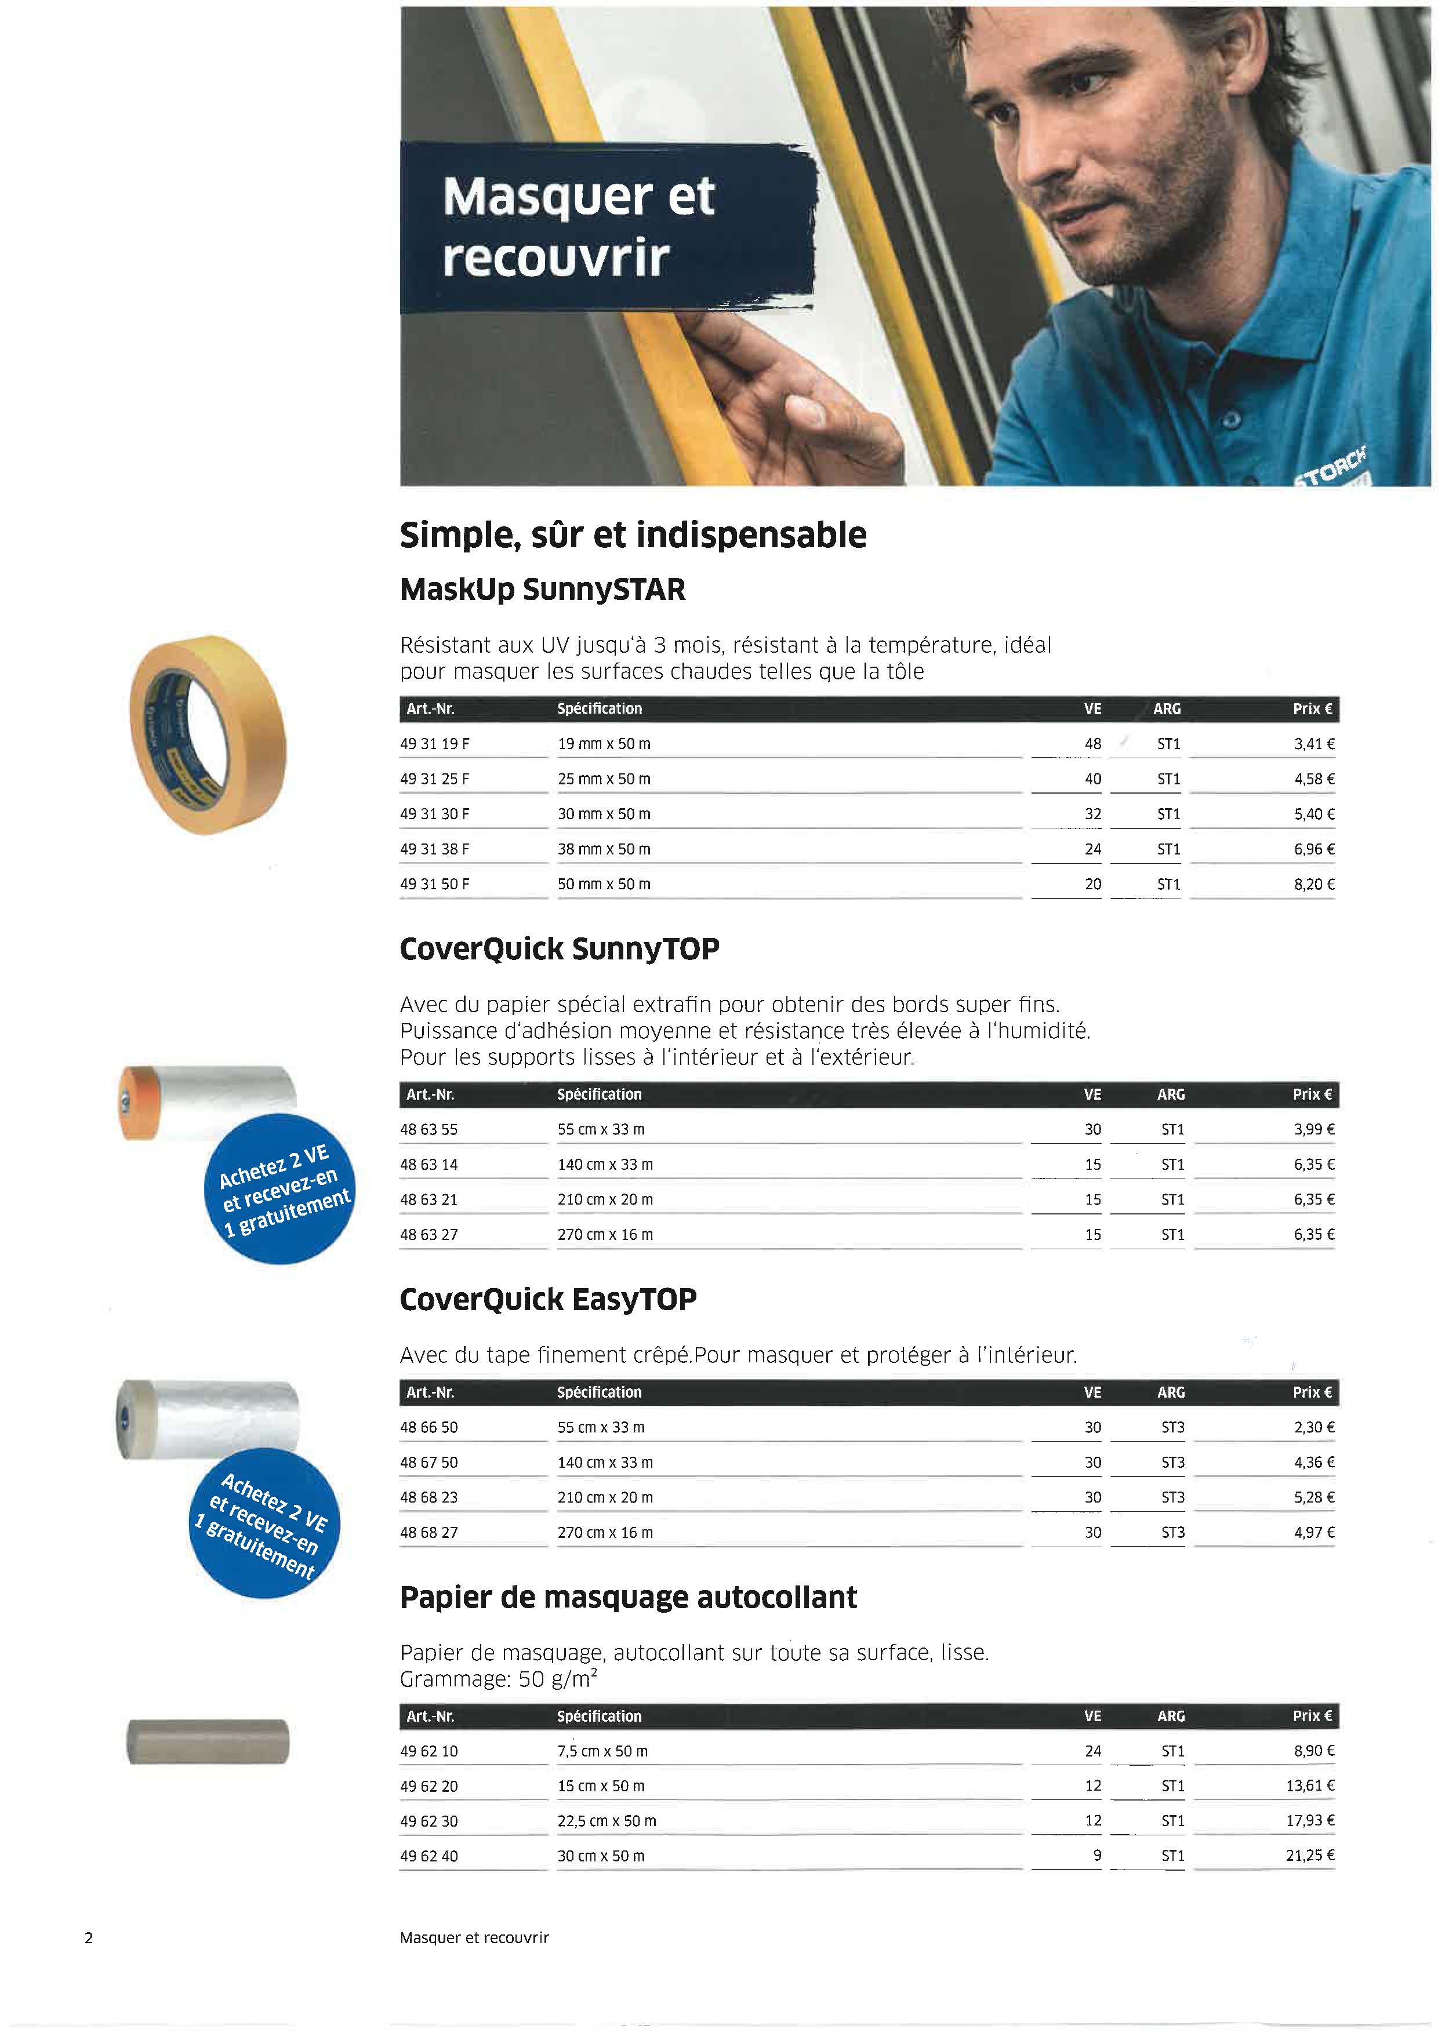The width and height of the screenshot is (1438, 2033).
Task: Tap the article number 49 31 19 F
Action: [x=435, y=744]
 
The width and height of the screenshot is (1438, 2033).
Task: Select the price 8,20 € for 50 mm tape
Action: [x=1313, y=883]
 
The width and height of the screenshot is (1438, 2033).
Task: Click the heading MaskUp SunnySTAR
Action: [x=542, y=590]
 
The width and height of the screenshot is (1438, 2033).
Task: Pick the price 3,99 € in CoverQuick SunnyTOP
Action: [x=1313, y=1129]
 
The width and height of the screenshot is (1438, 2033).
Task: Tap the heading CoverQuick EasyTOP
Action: [x=548, y=1299]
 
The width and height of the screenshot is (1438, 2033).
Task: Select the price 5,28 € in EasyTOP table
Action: [x=1313, y=1497]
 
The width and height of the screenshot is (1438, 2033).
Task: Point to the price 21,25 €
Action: [x=1310, y=1855]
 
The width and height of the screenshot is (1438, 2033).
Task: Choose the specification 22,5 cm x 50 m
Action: [x=607, y=1820]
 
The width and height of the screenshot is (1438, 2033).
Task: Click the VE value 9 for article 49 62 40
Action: [x=1096, y=1855]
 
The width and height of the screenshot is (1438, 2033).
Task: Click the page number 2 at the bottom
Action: [x=89, y=1937]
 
